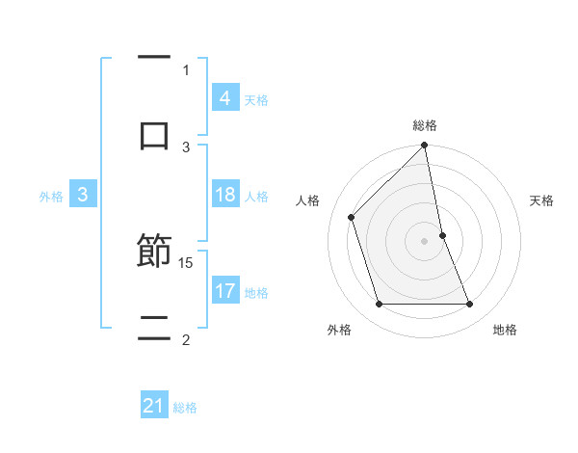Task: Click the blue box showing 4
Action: [224, 98]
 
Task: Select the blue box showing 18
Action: [224, 195]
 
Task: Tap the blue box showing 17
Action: [224, 291]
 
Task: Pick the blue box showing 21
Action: [154, 407]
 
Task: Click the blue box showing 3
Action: [83, 195]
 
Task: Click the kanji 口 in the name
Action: [154, 135]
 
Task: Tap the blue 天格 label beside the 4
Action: [256, 99]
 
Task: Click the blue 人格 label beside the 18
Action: [256, 196]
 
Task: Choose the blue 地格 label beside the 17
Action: [256, 292]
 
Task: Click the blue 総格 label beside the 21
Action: [185, 408]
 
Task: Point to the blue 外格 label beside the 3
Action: [51, 196]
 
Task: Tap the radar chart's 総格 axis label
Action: [425, 125]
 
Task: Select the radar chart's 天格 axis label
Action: [542, 200]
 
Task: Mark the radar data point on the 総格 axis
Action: [425, 147]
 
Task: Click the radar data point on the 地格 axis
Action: [470, 305]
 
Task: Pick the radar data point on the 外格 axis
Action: [379, 305]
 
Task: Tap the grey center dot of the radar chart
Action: [425, 241]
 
